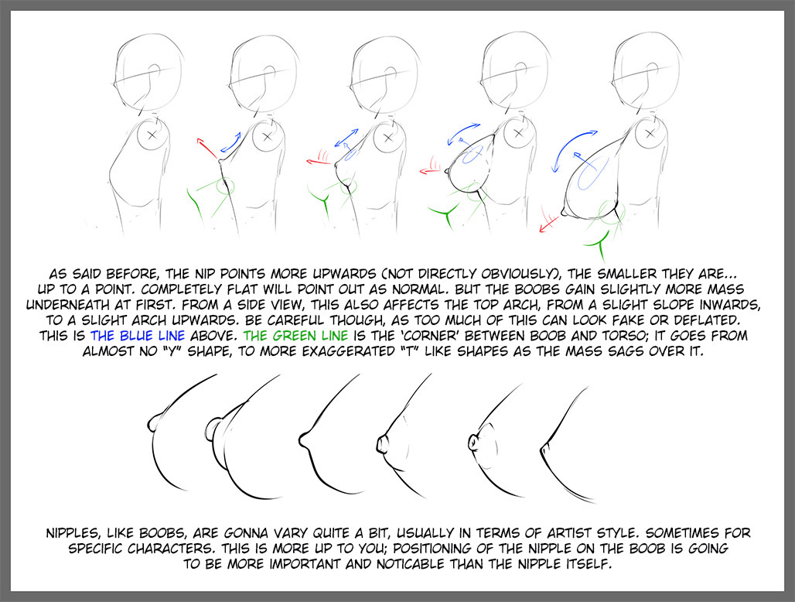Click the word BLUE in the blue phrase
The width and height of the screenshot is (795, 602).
(x=138, y=336)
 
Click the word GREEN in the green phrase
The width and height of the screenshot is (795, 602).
(x=296, y=336)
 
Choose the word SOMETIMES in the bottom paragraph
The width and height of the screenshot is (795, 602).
(x=682, y=534)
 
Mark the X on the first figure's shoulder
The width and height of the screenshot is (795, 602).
(x=152, y=135)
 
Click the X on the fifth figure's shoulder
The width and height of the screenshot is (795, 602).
(x=650, y=134)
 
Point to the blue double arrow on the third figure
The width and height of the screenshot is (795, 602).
(x=346, y=138)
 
